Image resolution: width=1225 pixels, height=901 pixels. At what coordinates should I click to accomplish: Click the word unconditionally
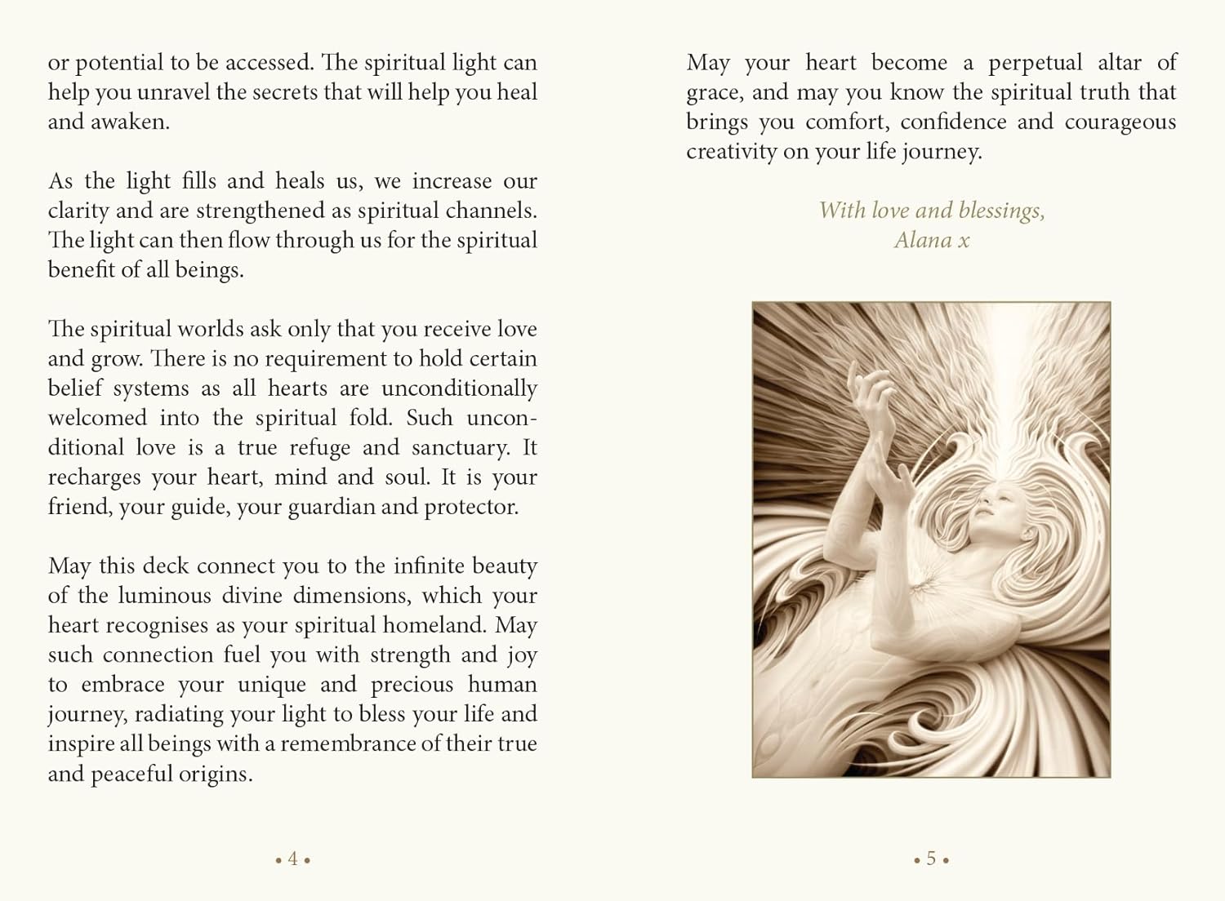(x=459, y=388)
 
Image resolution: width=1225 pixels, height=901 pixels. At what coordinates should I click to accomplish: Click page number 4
(x=292, y=859)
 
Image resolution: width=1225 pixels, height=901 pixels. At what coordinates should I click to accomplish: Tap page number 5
(x=931, y=859)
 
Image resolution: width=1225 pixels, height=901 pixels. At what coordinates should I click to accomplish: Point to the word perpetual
(x=1036, y=64)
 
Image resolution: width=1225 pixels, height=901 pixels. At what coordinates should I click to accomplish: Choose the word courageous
(x=1120, y=122)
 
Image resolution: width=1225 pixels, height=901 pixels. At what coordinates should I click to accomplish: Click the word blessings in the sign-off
(x=1001, y=211)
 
